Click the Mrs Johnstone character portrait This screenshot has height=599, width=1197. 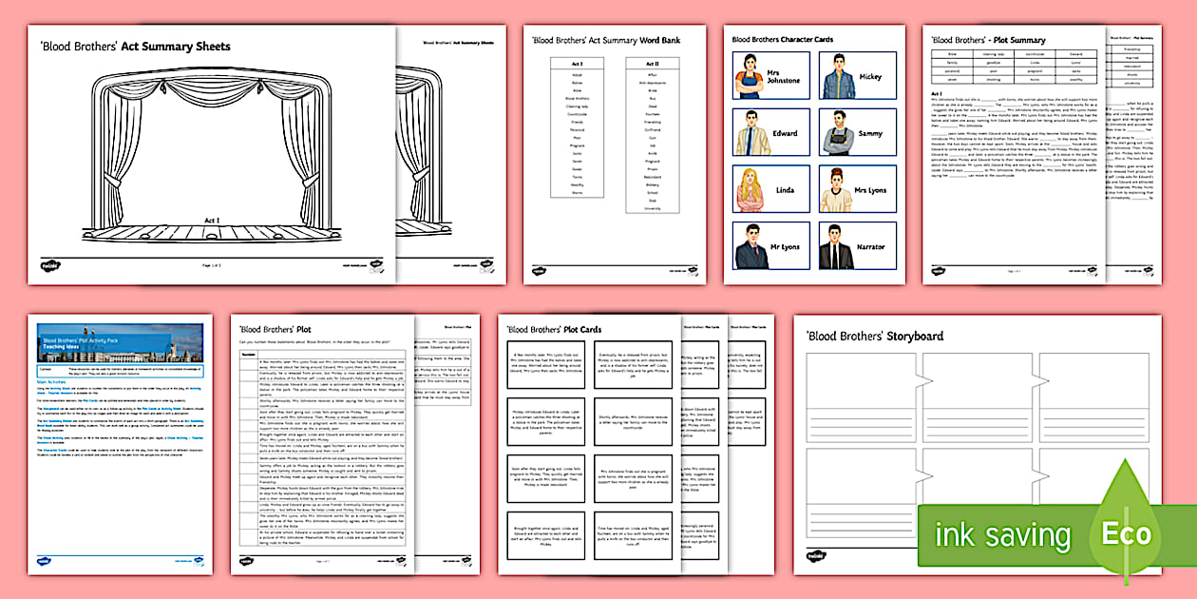[x=750, y=76]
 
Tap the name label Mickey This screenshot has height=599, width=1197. [x=870, y=77]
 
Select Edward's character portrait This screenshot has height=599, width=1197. [x=750, y=133]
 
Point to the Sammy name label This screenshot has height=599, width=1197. [x=870, y=134]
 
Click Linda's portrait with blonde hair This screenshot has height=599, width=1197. [x=750, y=189]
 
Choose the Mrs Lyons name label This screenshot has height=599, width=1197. [x=870, y=190]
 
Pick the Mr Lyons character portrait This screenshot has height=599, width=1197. [x=750, y=246]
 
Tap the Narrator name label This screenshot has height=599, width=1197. [x=870, y=246]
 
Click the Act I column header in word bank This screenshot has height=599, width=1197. [x=577, y=64]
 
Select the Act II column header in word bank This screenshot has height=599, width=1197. [x=653, y=64]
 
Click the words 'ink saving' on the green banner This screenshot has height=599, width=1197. [x=1002, y=534]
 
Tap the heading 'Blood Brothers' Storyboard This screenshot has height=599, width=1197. [x=874, y=336]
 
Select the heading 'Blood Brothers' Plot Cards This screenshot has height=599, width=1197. [x=554, y=330]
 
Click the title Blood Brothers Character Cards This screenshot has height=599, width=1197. [x=782, y=40]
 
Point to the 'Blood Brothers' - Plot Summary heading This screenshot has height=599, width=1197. [x=988, y=40]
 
